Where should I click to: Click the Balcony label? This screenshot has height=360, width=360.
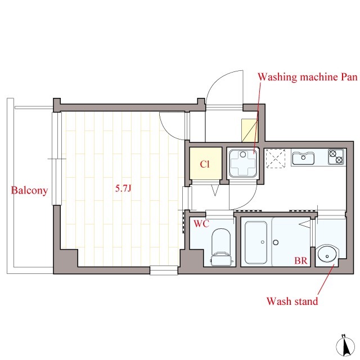coord(29,190)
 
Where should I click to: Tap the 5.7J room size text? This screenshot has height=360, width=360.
coord(123,188)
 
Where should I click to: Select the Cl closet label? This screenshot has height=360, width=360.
coord(205,164)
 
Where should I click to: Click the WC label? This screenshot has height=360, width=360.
coord(201,224)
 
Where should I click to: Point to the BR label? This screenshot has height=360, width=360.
coord(301,260)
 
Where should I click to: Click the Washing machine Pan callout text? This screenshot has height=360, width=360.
coord(308,77)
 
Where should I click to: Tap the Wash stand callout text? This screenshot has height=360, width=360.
coord(292,301)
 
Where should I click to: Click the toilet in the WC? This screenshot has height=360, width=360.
coord(221,247)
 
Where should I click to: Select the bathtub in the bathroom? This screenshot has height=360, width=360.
coord(256,242)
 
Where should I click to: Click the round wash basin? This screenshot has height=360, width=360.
coord(327,255)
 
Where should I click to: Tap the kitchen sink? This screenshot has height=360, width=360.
coord(303,157)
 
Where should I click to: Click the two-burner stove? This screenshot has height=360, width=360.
coord(336,156)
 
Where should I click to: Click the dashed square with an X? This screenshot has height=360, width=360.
coord(276,159)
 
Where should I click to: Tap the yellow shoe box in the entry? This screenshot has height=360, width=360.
coord(250,130)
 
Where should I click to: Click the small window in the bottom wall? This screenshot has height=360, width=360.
coord(164,270)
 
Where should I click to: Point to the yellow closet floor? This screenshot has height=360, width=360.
coord(205,164)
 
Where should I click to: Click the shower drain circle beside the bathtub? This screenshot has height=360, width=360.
coord(276,242)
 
